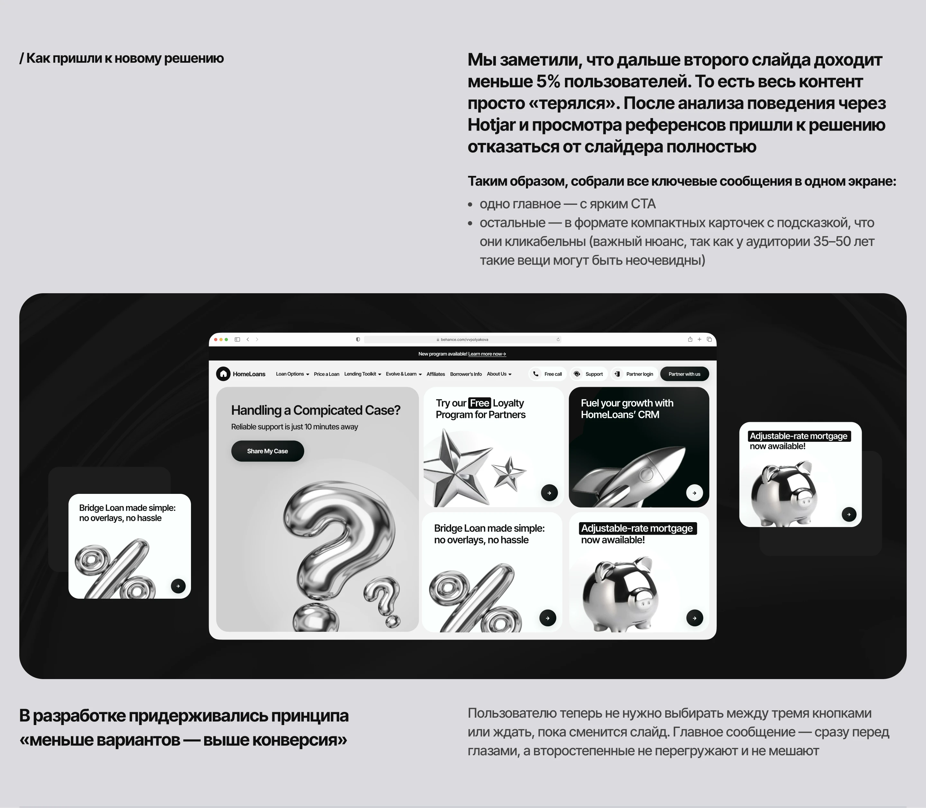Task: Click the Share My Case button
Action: [x=267, y=451]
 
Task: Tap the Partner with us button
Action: [x=684, y=374]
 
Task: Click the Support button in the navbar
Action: [x=589, y=374]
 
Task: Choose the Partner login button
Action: [x=634, y=374]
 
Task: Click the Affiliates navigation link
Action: [x=435, y=374]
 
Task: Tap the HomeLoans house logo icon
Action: [x=223, y=374]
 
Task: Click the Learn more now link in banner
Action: [x=487, y=354]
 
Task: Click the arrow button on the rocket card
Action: [x=694, y=493]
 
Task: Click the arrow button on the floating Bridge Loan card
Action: [x=178, y=586]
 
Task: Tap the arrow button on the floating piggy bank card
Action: [x=849, y=514]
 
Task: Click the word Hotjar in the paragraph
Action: [x=491, y=125]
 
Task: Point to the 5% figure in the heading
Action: [x=548, y=82]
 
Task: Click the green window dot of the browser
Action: [x=226, y=340]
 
